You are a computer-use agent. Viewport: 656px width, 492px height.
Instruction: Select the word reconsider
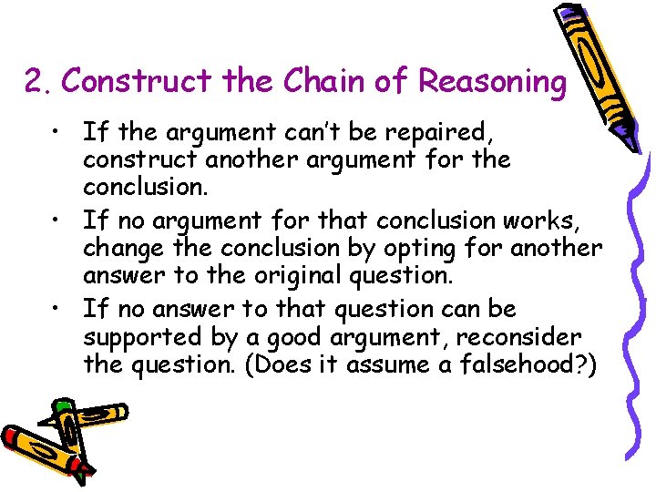(518, 337)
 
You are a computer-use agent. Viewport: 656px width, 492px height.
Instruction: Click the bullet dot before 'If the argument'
(57, 133)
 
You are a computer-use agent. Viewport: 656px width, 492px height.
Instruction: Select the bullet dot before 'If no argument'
(57, 220)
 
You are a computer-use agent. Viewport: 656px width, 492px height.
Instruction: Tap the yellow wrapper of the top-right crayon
(593, 73)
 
